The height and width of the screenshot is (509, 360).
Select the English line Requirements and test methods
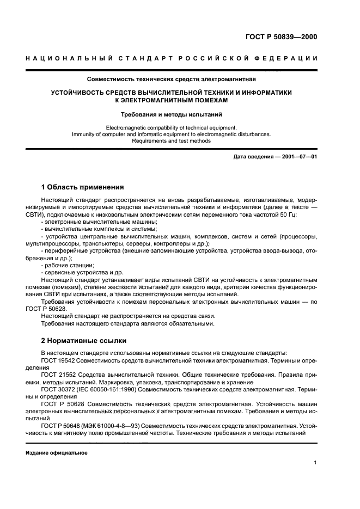171,141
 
